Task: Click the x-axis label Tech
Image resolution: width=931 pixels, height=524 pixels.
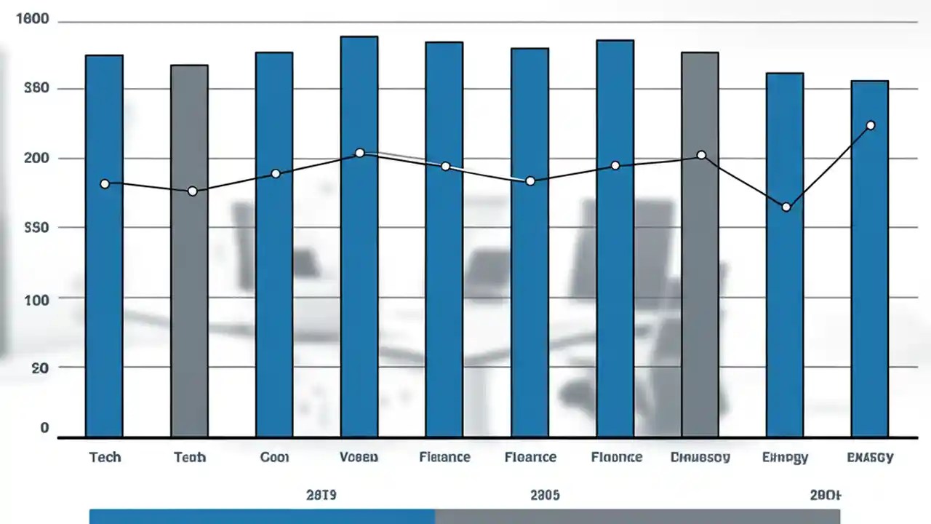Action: (x=105, y=457)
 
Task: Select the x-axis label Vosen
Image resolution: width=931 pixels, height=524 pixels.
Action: (x=359, y=457)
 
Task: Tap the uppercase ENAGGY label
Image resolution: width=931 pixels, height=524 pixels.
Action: (x=870, y=457)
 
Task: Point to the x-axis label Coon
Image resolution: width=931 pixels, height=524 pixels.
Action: (x=274, y=457)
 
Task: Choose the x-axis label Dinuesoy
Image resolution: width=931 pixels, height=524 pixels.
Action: (x=700, y=457)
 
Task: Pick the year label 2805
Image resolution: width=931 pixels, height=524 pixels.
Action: (x=544, y=495)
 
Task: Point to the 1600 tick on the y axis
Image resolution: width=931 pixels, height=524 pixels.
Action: (x=32, y=20)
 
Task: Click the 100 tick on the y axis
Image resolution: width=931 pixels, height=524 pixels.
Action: (x=36, y=298)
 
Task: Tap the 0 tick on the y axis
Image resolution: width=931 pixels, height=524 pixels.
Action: (x=44, y=428)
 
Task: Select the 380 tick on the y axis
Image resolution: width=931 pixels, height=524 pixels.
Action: (x=36, y=89)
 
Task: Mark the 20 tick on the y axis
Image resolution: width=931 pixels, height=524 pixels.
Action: (x=39, y=368)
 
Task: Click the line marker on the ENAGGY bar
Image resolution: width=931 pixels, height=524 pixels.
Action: (x=871, y=125)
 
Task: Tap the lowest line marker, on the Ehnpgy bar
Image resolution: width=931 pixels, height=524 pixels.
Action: (x=786, y=207)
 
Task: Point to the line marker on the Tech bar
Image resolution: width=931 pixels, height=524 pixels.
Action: (x=105, y=184)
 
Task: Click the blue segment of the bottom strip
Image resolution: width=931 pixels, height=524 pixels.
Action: (x=262, y=517)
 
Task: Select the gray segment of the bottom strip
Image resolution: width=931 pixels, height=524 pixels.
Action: (x=637, y=517)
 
